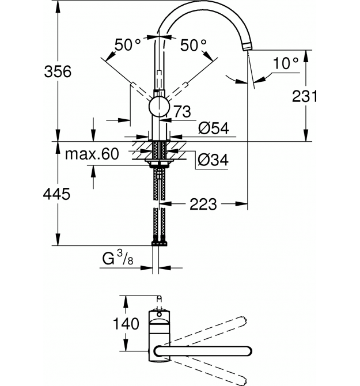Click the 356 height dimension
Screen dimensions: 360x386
pos(58,71)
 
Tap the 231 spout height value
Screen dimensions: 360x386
pos(305,96)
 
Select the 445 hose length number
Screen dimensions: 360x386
pos(56,194)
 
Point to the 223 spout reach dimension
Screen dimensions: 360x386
pos(203,204)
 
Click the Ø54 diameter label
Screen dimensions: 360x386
pos(214,128)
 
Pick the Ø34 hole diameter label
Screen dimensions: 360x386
pos(213,160)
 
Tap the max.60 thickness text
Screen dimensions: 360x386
pos(92,154)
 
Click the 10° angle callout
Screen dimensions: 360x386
pos(286,63)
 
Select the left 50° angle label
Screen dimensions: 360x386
pos(127,45)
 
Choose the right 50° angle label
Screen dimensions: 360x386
pos(193,46)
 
